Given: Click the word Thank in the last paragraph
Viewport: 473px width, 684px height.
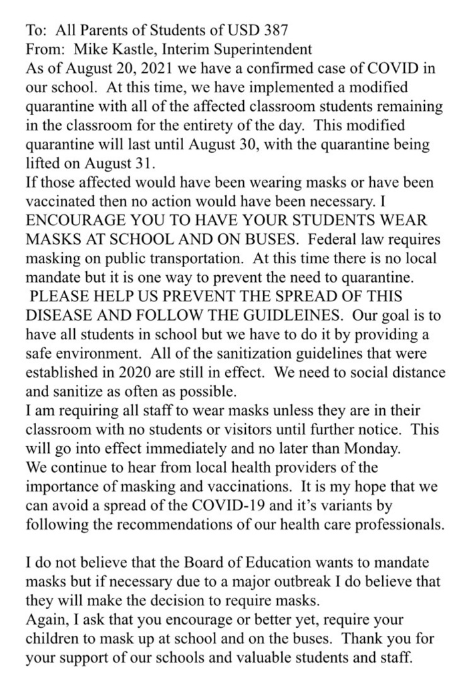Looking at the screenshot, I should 359,639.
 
